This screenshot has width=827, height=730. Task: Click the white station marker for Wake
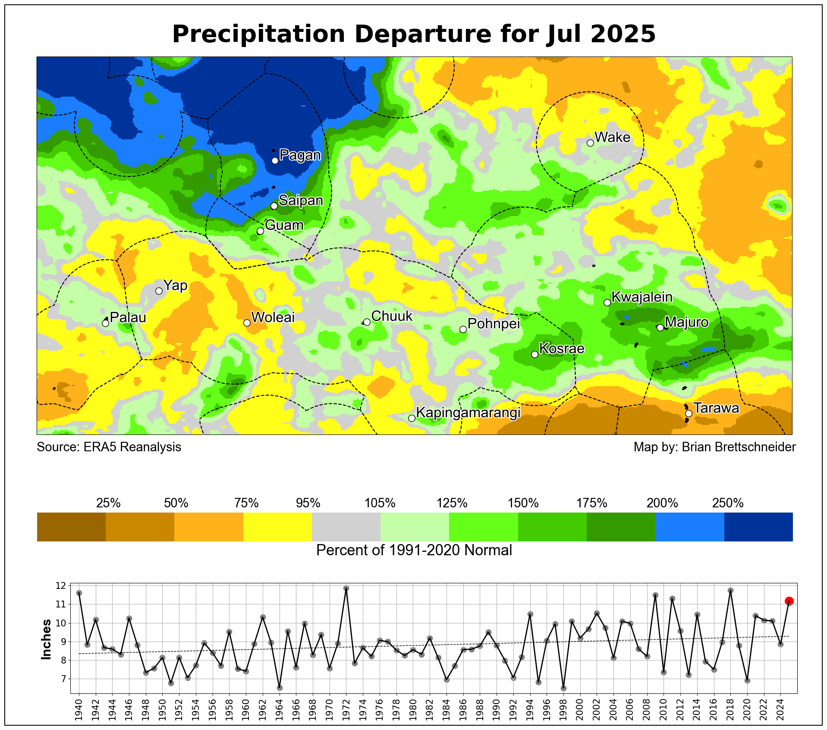(590, 143)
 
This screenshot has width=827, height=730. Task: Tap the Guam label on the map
(284, 225)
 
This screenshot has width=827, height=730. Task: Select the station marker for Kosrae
(535, 354)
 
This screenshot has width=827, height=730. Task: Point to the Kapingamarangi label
(468, 413)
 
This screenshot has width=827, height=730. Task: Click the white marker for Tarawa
(689, 413)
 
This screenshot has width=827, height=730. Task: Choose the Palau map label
(128, 318)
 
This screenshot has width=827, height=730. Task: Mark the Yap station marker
(159, 291)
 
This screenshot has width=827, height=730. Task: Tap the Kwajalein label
(642, 297)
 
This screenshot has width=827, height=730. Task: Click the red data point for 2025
(789, 601)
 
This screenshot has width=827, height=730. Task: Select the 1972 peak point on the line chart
(346, 588)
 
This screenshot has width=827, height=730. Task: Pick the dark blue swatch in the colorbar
(758, 527)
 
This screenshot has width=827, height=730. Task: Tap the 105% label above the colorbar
(380, 503)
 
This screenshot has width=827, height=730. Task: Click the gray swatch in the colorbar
(346, 527)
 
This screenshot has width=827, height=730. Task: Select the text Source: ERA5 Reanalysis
(109, 447)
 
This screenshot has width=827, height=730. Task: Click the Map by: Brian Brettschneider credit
(714, 447)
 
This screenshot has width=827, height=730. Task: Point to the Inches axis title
(46, 639)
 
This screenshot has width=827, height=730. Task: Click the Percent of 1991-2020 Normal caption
(414, 551)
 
